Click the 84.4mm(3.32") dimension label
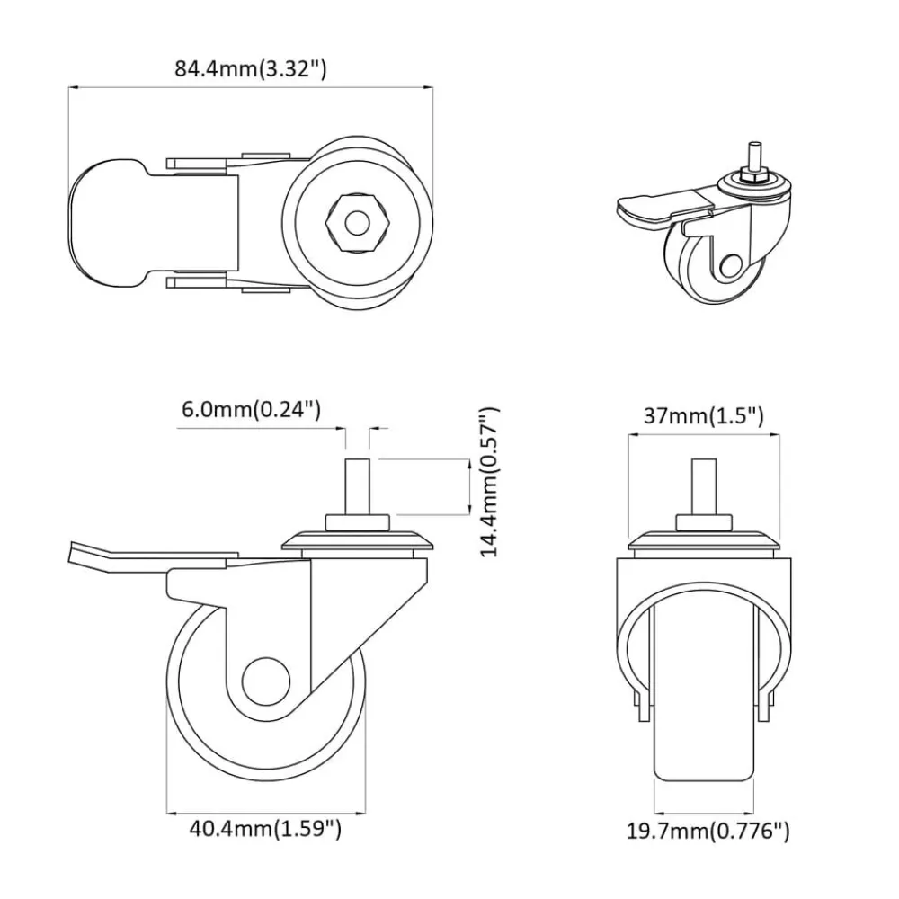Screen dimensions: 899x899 (x=251, y=69)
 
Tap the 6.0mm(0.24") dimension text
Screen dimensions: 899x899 (x=251, y=409)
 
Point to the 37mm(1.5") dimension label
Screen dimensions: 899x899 (x=704, y=415)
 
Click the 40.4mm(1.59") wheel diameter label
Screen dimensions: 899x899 (x=265, y=829)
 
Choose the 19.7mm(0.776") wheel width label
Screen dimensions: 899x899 (x=708, y=831)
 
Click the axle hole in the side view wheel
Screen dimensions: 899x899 (x=266, y=681)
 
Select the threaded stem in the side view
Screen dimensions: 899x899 (x=357, y=486)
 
